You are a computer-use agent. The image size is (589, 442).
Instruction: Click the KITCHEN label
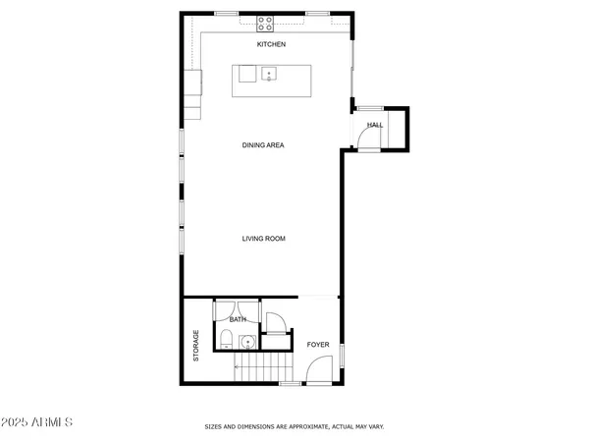click(x=271, y=45)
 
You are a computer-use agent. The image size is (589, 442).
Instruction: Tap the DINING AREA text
click(x=263, y=145)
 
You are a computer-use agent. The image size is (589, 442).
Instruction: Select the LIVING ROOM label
click(x=263, y=239)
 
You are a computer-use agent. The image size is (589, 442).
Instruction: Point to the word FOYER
click(x=317, y=345)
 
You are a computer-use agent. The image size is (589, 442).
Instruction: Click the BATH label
click(x=238, y=319)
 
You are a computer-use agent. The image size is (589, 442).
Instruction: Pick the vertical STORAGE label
click(x=196, y=346)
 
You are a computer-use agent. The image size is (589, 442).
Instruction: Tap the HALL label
click(x=375, y=125)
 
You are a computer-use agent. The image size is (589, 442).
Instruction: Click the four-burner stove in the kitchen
click(x=265, y=22)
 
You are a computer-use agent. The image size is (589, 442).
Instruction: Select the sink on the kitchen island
click(x=268, y=75)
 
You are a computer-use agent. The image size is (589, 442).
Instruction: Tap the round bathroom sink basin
click(x=246, y=343)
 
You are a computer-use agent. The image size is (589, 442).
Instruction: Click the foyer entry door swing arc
click(x=317, y=371)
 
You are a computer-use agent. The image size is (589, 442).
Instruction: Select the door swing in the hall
click(x=365, y=138)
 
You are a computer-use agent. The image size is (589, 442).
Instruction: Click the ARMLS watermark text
click(x=39, y=423)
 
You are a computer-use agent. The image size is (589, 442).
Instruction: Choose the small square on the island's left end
click(x=246, y=74)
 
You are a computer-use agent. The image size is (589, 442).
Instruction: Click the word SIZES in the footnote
click(x=213, y=427)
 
